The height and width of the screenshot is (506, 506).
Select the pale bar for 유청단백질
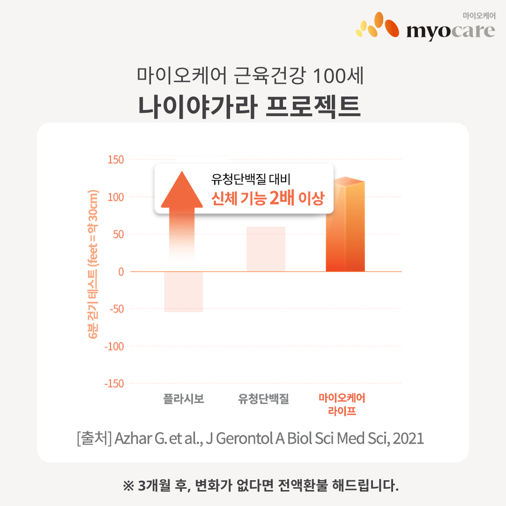(266, 249)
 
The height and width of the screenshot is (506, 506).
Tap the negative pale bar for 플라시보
(183, 291)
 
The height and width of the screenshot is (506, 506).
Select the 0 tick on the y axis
(120, 272)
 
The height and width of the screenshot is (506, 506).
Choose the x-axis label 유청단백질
(263, 399)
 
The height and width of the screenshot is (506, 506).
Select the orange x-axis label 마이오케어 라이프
(342, 405)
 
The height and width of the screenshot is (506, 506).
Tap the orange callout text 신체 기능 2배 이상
(268, 199)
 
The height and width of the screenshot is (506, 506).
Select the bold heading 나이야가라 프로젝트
(250, 107)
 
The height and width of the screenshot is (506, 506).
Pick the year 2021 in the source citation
(409, 439)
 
